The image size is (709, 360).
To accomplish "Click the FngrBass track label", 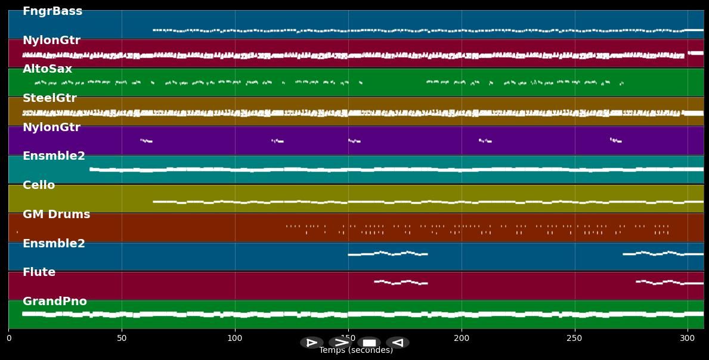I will (x=52, y=11).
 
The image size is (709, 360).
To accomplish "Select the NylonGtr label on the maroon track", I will (x=51, y=41).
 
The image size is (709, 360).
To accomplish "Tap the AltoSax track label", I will (x=47, y=69).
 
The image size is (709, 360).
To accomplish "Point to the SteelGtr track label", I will (x=49, y=98).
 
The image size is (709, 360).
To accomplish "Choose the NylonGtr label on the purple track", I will (x=51, y=128).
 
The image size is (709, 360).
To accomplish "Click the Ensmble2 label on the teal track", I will (x=54, y=156).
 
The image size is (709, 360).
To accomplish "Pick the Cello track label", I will (x=39, y=185).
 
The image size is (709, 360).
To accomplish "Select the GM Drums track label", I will (x=56, y=215).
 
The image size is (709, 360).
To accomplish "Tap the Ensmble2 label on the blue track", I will (x=54, y=244).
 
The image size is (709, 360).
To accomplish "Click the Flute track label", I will (x=39, y=272).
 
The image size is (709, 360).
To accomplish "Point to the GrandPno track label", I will (x=55, y=302).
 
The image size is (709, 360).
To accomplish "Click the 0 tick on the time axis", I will (x=8, y=339).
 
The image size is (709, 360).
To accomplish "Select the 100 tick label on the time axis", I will (x=235, y=339).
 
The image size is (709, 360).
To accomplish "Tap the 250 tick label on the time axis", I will (x=575, y=339).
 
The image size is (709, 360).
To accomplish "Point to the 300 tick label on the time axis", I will (x=688, y=339).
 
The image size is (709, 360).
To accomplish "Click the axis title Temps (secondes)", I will (x=356, y=350).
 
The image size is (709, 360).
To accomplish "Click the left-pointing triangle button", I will (x=398, y=343).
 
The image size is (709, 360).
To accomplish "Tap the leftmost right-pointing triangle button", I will (x=312, y=343).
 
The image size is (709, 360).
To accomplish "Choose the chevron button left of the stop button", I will (x=340, y=343).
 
